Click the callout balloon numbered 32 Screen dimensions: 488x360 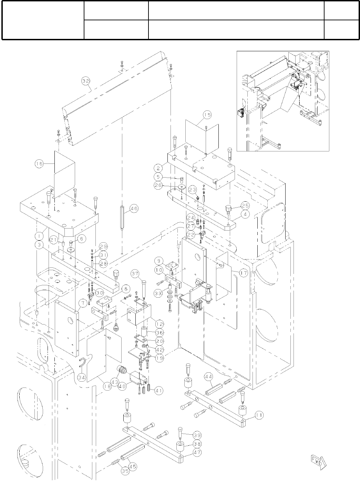[85, 81]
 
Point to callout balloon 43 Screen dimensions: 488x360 [115, 382]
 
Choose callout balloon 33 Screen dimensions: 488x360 [158, 294]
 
